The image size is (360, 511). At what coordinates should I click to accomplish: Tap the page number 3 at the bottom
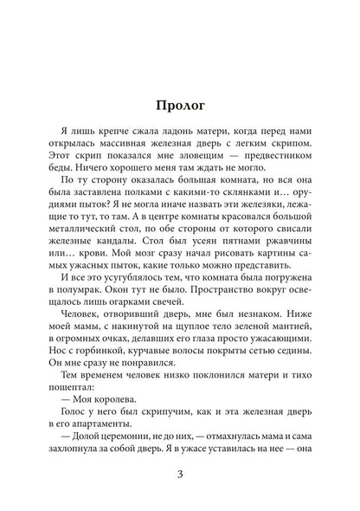pos(180,475)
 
